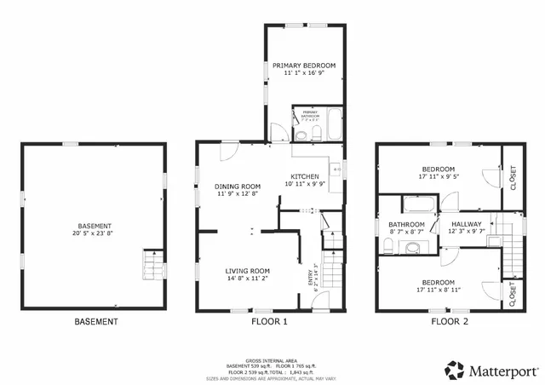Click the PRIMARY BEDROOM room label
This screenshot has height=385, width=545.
(x=303, y=66)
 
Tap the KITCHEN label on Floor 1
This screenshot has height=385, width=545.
(x=304, y=175)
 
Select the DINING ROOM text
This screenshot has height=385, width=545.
(x=237, y=187)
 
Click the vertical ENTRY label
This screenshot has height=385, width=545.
(x=311, y=279)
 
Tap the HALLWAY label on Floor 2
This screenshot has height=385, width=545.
(x=466, y=224)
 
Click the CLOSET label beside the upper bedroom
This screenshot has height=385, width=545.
(x=512, y=177)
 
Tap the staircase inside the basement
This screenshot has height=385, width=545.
(x=151, y=264)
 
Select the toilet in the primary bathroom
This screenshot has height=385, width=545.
(x=301, y=134)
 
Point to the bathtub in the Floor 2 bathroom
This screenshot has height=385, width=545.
(x=416, y=204)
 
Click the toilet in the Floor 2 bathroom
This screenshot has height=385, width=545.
(x=389, y=247)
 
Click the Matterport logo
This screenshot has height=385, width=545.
(x=490, y=370)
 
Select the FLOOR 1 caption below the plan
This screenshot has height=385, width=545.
(x=269, y=322)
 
